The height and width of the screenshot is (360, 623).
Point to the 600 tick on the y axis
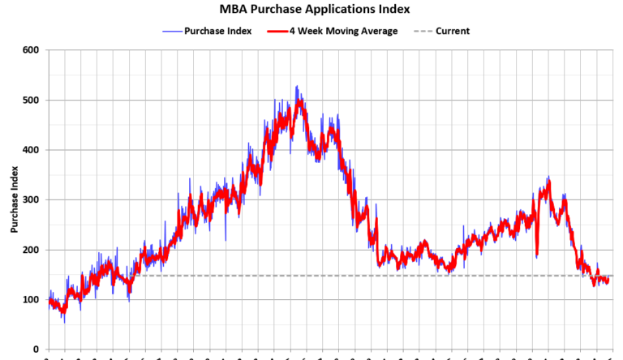click(30, 50)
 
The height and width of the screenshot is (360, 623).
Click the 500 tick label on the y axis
click(30, 101)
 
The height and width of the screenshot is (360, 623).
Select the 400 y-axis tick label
click(30, 150)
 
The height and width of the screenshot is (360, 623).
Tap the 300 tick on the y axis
click(30, 200)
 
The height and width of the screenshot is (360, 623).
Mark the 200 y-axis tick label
click(30, 250)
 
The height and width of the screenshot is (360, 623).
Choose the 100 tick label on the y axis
click(30, 300)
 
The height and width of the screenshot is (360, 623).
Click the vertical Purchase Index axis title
click(15, 199)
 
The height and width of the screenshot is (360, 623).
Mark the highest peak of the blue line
click(296, 86)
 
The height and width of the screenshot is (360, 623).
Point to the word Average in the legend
click(378, 31)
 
